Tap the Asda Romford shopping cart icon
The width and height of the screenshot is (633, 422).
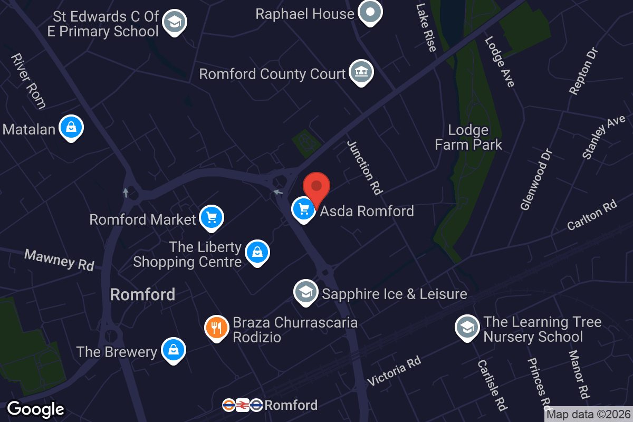pyautogui.click(x=303, y=209)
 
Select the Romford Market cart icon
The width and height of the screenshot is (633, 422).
pyautogui.click(x=212, y=217)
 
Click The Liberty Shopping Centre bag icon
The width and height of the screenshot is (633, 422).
pyautogui.click(x=257, y=252)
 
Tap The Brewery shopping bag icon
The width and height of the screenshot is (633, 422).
pyautogui.click(x=172, y=350)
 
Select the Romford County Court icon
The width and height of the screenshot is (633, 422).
pyautogui.click(x=361, y=72)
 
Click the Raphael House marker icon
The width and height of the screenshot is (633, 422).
pyautogui.click(x=370, y=12)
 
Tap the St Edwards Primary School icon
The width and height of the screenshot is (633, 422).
pyautogui.click(x=174, y=22)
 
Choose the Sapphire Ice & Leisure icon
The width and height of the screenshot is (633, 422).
pyautogui.click(x=305, y=292)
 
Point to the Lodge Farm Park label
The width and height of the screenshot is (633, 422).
pyautogui.click(x=468, y=137)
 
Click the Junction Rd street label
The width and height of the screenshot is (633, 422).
pyautogui.click(x=365, y=167)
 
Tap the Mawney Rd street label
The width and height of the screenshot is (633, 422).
pyautogui.click(x=59, y=260)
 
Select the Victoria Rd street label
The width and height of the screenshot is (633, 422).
pyautogui.click(x=394, y=371)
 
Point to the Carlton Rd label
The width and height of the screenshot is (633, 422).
pyautogui.click(x=592, y=215)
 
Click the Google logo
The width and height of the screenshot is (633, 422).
pyautogui.click(x=36, y=409)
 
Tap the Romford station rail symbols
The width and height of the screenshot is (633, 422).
pyautogui.click(x=242, y=405)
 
